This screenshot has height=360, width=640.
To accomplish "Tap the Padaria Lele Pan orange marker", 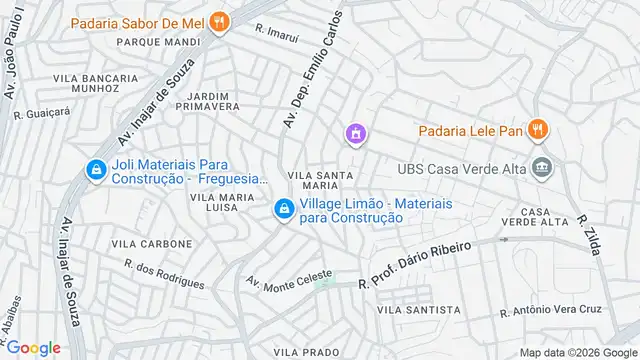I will point(537,128).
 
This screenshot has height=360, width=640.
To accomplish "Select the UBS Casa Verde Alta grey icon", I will point(542,167).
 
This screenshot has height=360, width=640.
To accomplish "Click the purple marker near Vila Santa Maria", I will point(354,133).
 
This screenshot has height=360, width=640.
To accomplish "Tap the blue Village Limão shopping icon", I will point(284,209).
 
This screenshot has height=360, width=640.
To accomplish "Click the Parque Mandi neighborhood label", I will point(160,42).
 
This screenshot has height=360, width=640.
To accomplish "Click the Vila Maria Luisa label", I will point(214,202).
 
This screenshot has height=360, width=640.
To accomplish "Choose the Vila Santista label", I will point(419,311).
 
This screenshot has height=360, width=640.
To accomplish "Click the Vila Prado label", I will point(307,352).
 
